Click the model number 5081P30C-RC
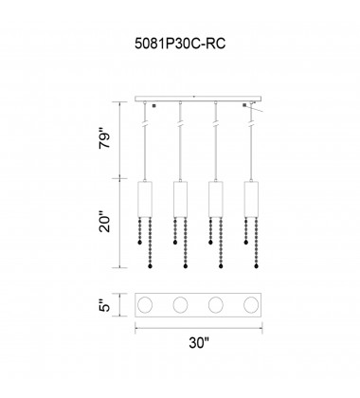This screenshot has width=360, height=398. point(180,44)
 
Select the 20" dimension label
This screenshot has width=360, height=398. point(105,224)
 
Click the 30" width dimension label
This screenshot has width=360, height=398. point(199,342)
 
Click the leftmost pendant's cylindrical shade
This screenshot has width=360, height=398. point(145,199)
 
